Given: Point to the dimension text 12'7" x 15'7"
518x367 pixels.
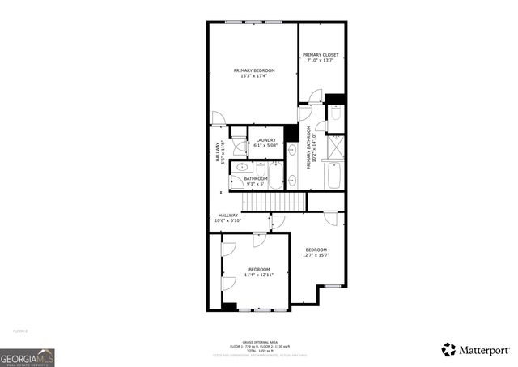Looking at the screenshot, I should tap(316, 255).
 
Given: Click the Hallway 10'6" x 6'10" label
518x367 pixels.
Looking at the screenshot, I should tap(228, 217).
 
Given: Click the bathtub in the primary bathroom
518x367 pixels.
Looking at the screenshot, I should tap(334, 173).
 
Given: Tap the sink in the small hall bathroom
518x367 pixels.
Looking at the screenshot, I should tap(240, 168).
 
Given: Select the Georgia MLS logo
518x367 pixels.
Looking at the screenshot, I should tap(28, 357).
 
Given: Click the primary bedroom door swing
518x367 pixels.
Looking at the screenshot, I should tap(219, 119).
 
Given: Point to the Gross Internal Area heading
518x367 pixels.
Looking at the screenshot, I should tap(258, 342).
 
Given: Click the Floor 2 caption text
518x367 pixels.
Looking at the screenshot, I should tap(19, 331).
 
